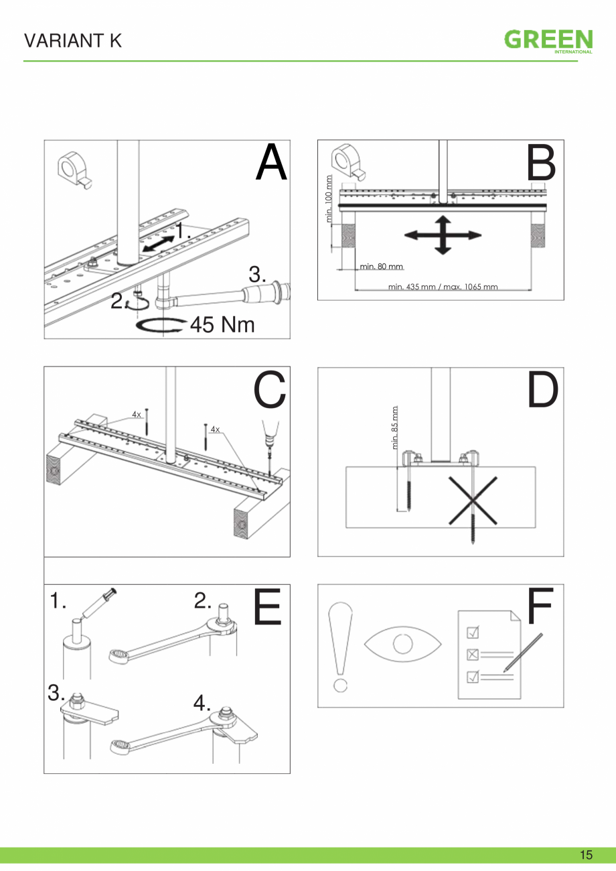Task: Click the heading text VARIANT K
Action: coord(73,41)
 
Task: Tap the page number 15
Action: coord(586,854)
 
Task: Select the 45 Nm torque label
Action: coord(222,325)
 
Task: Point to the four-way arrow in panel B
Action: coord(443,234)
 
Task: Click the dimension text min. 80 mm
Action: coord(381,267)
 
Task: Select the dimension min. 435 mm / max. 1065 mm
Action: coord(443,287)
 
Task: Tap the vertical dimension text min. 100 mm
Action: coord(329,198)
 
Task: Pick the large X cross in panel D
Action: coord(473,500)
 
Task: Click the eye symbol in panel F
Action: coord(403,645)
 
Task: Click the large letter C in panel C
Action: coord(270,390)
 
